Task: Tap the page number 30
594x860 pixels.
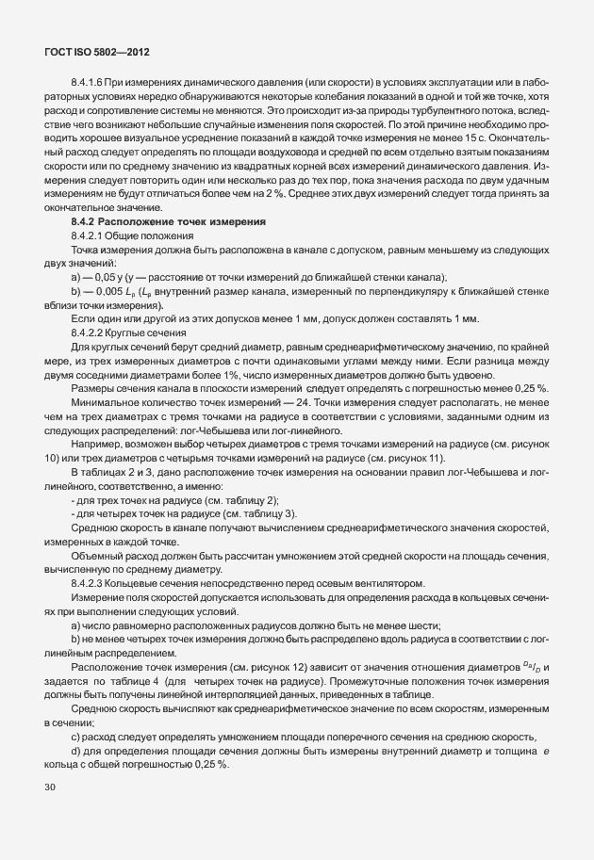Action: [x=51, y=785]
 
